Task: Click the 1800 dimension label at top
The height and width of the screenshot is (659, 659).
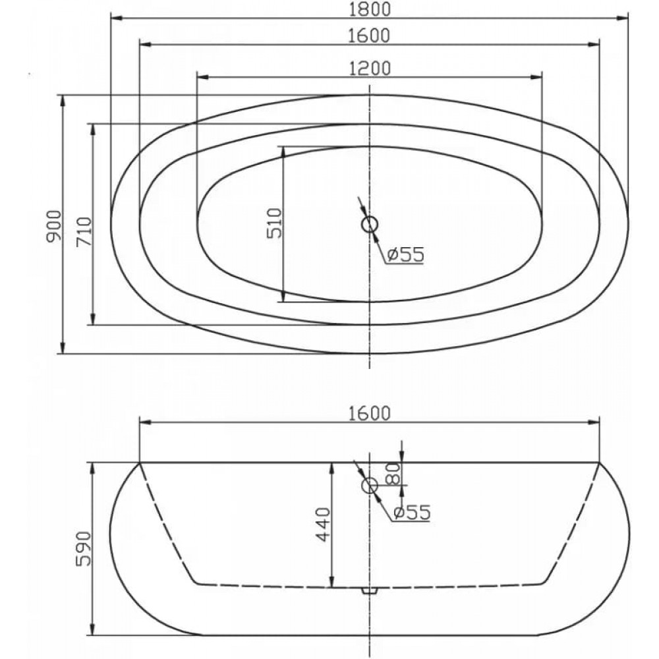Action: point(370,9)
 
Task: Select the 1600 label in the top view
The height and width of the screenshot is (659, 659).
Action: point(370,36)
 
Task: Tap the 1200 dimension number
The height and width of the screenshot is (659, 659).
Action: point(370,69)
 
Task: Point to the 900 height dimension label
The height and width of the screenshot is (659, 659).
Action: point(54,225)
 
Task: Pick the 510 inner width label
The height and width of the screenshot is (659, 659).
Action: point(274,223)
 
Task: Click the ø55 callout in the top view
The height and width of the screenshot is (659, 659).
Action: point(405,254)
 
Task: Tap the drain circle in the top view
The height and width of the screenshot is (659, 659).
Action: point(370,225)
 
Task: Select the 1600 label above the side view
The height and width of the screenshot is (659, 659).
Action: point(370,414)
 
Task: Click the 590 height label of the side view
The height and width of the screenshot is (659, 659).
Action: point(83,548)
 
